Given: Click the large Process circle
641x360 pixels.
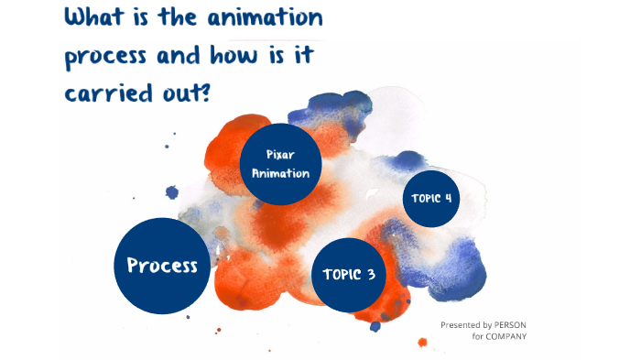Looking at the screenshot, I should pyautogui.click(x=162, y=266).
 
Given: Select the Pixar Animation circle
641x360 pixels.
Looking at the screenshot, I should pyautogui.click(x=280, y=164).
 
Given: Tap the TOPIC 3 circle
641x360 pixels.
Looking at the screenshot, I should pyautogui.click(x=348, y=274).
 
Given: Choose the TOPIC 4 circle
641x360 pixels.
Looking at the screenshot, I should pyautogui.click(x=431, y=198).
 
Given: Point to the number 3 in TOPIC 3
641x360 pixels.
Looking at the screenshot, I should pyautogui.click(x=370, y=275).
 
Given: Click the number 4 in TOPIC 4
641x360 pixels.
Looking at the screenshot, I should pyautogui.click(x=449, y=198).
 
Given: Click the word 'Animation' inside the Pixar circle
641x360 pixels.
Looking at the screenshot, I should pyautogui.click(x=280, y=173).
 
